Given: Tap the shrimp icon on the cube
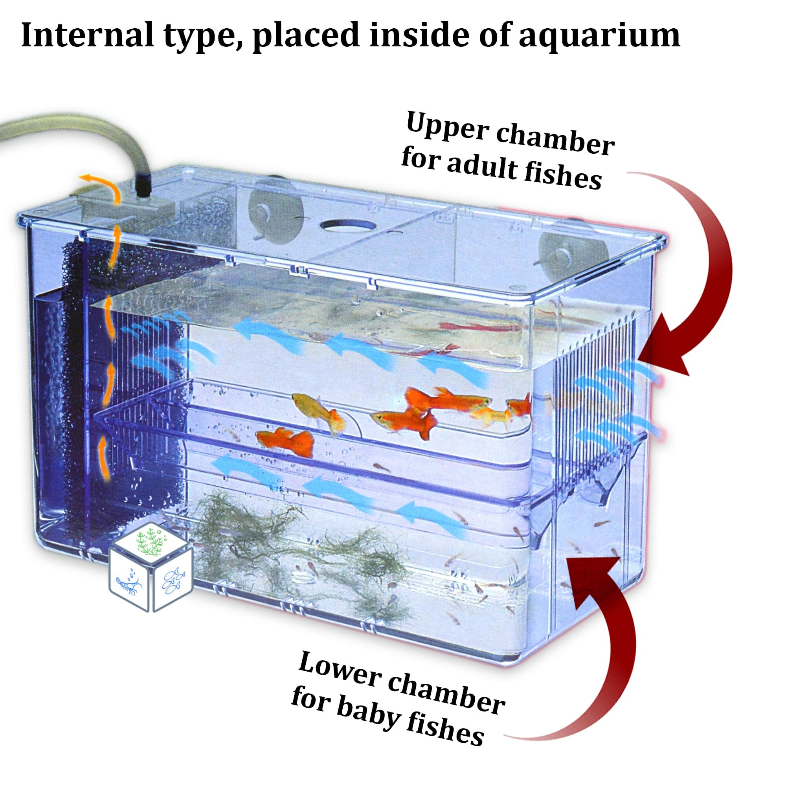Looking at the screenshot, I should pyautogui.click(x=129, y=584).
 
